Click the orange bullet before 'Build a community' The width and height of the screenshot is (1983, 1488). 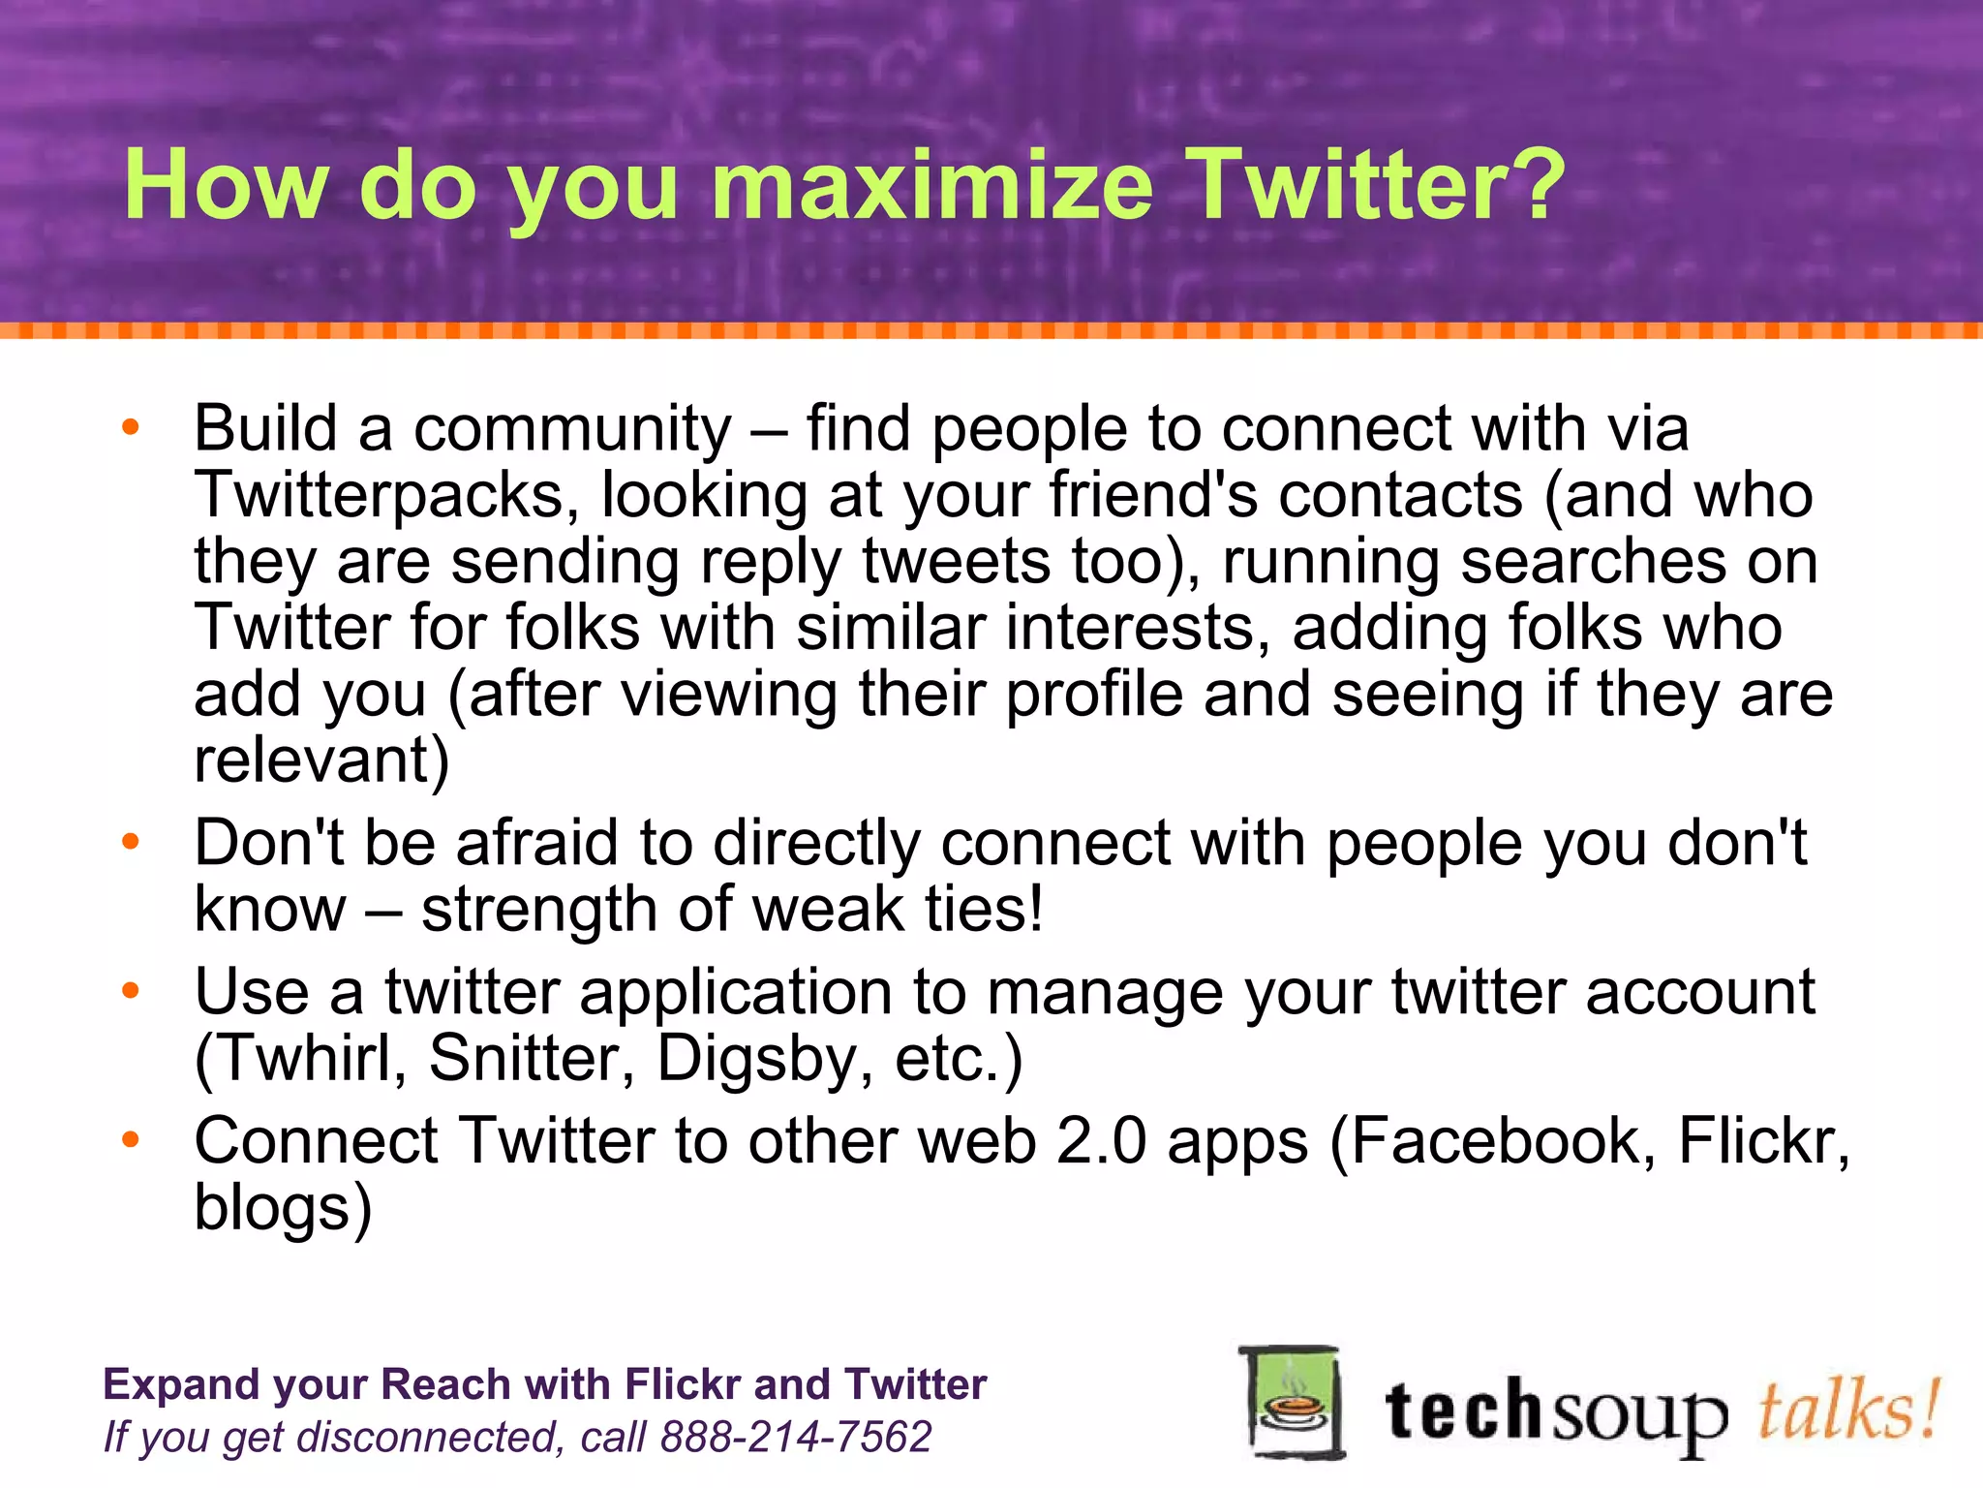[x=131, y=426]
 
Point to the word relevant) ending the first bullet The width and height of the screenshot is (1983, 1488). [x=322, y=759]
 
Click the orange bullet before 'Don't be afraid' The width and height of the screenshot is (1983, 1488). [x=131, y=841]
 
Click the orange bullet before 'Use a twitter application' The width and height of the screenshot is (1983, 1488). [x=131, y=990]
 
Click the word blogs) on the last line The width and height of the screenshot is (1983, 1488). [x=283, y=1207]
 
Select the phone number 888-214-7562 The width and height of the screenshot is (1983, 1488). [x=795, y=1437]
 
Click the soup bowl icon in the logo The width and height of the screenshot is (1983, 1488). [x=1293, y=1402]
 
